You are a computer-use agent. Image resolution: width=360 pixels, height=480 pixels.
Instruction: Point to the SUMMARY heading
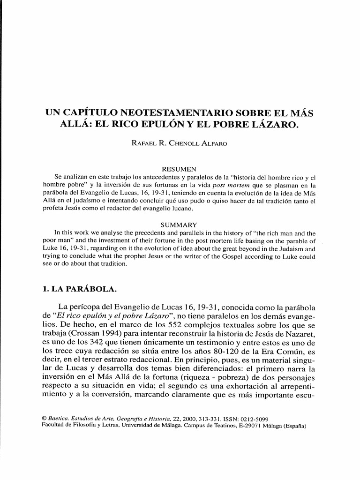[179, 225]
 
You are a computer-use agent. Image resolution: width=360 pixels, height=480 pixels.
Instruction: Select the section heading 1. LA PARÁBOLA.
[79, 289]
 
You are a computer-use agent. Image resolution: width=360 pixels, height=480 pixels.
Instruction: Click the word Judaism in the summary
[290, 249]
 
